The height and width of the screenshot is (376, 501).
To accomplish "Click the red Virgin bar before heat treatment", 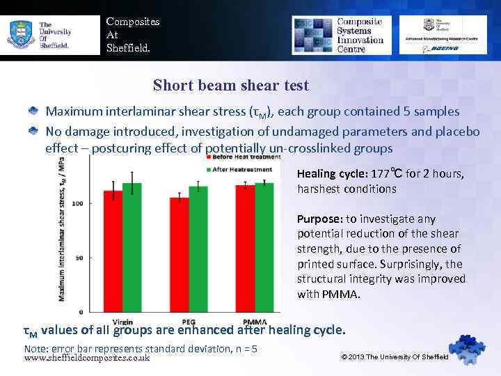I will coord(113,251).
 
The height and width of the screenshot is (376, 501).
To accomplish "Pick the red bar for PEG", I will coord(180,254).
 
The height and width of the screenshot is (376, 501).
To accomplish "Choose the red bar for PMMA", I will coord(245,248).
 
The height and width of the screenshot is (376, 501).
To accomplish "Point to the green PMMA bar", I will coord(264,246).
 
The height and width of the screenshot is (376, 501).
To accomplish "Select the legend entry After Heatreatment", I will coord(240,169).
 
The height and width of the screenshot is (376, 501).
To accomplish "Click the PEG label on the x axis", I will coord(189,322).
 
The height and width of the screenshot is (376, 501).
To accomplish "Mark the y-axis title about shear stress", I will coord(62,230).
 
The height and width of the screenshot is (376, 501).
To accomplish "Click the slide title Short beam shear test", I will coord(230,86).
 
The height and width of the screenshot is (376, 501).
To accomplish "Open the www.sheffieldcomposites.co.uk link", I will coord(87,358).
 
